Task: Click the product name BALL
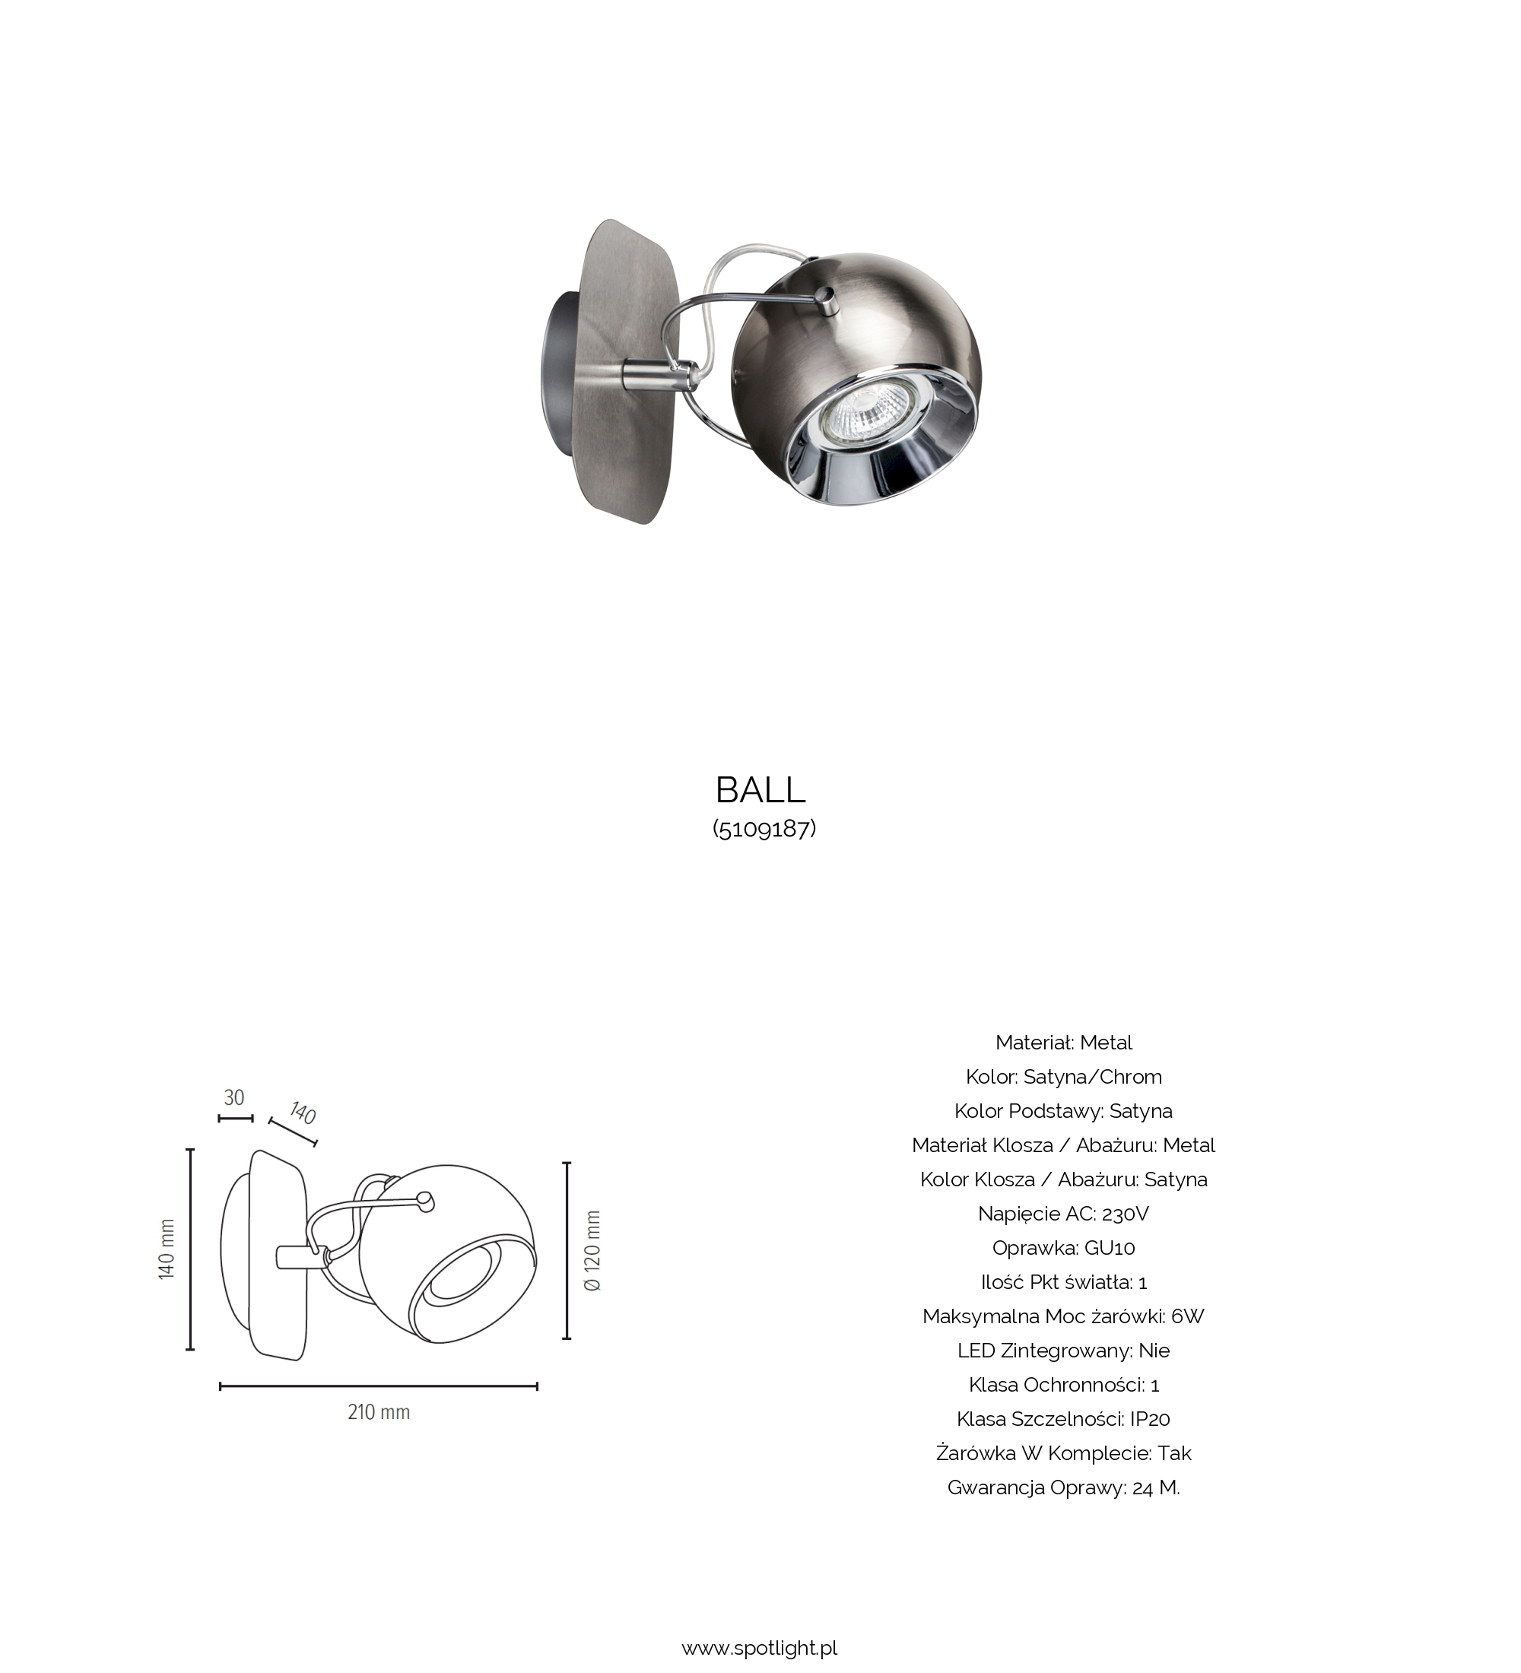click(x=760, y=791)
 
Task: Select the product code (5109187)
click(x=764, y=829)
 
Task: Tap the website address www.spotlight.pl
click(x=759, y=1648)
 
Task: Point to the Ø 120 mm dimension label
click(x=592, y=1251)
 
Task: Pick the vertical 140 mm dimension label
click(x=167, y=1249)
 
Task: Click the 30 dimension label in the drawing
click(x=235, y=1098)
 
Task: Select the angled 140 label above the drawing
click(x=303, y=1113)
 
